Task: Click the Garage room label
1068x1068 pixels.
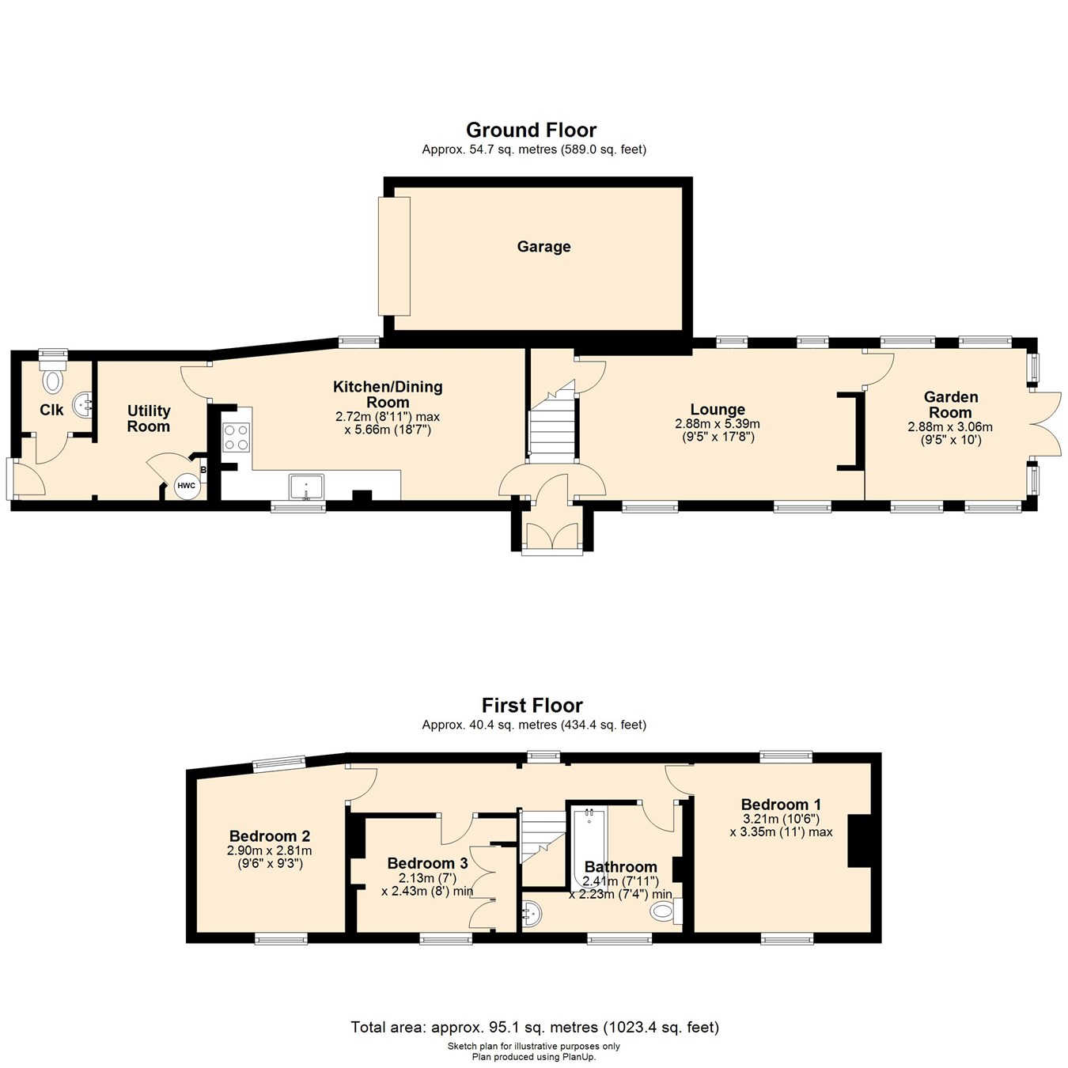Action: pyautogui.click(x=543, y=247)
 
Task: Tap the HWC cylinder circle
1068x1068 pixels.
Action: pyautogui.click(x=186, y=486)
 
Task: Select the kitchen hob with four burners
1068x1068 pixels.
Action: pyautogui.click(x=236, y=437)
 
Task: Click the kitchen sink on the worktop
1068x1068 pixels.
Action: pyautogui.click(x=306, y=487)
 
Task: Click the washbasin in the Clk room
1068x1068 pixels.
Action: pyautogui.click(x=83, y=406)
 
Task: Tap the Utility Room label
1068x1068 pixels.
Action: pyautogui.click(x=149, y=418)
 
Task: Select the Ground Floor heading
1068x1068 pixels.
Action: pyautogui.click(x=531, y=130)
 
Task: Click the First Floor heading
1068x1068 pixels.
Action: pyautogui.click(x=532, y=705)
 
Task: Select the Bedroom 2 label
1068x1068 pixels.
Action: pyautogui.click(x=269, y=836)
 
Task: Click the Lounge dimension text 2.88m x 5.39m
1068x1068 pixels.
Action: pyautogui.click(x=717, y=425)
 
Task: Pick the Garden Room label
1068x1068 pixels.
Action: pyautogui.click(x=950, y=404)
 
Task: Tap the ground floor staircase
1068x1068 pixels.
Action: pyautogui.click(x=552, y=427)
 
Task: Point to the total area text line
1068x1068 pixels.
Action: pyautogui.click(x=535, y=1028)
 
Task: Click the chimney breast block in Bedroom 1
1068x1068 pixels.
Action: pyautogui.click(x=858, y=841)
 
